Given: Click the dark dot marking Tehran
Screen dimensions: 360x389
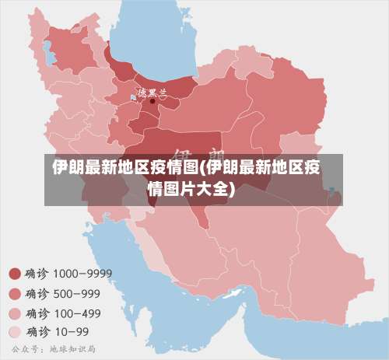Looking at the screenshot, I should click(152, 100).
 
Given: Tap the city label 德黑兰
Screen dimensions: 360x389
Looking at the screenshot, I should click(152, 92).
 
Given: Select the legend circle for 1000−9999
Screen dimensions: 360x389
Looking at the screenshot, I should click(14, 274).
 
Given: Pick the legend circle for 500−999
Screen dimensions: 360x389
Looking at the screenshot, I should click(14, 293).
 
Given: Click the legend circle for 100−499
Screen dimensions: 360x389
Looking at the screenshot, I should click(14, 313).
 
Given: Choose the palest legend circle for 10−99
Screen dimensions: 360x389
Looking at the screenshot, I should click(14, 333).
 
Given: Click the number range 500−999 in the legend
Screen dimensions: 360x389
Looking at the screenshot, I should click(76, 293).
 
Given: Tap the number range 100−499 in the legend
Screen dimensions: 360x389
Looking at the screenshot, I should click(76, 313).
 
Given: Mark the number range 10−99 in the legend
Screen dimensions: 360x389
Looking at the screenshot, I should click(71, 333).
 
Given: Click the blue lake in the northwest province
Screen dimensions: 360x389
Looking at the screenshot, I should click(48, 55).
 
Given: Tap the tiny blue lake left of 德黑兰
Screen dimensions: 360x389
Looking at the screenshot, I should click(132, 97).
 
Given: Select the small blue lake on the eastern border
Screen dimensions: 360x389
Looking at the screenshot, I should click(332, 190).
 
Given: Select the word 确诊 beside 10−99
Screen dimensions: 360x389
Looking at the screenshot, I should click(37, 333).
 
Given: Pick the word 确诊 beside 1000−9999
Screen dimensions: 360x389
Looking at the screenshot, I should click(37, 274).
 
